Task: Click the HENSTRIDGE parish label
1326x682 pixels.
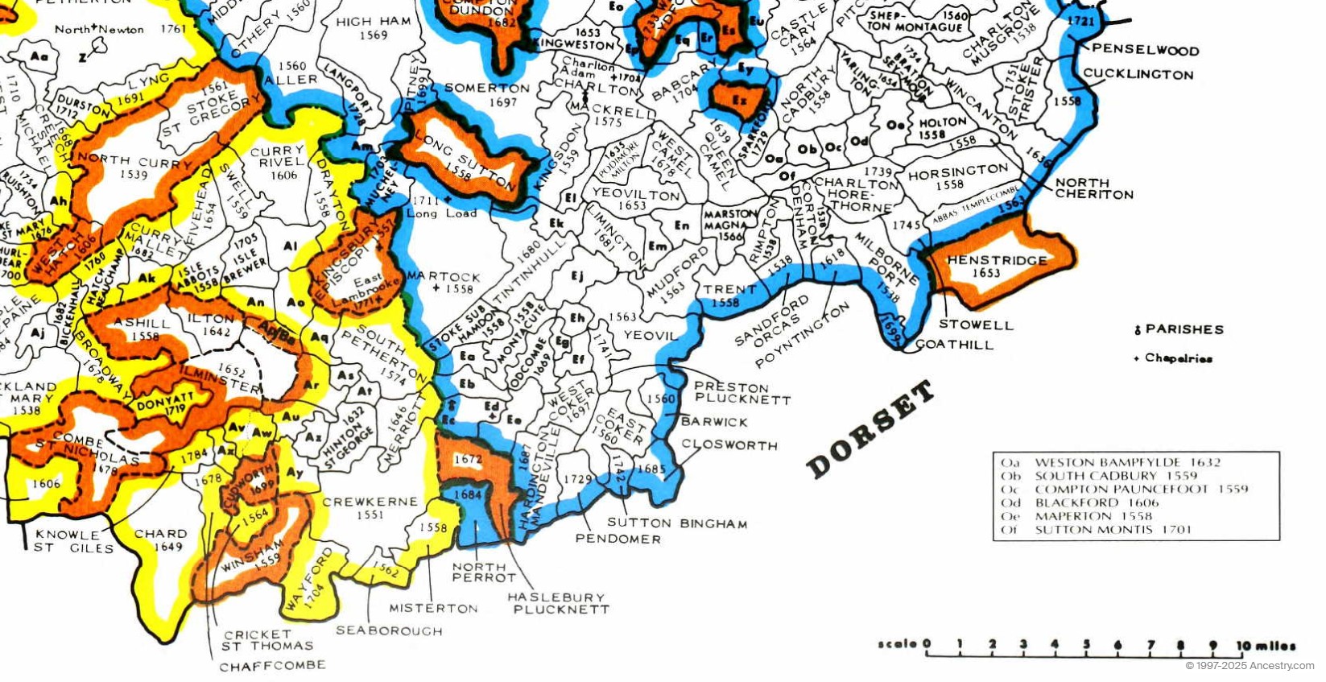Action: [997, 260]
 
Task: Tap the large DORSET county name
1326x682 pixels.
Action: [870, 430]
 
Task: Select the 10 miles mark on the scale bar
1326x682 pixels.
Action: [1266, 645]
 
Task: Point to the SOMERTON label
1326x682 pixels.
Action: [486, 88]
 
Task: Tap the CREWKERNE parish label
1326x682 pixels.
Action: [370, 502]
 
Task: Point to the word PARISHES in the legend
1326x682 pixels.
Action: [1183, 329]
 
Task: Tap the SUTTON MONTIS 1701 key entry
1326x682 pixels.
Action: [1111, 530]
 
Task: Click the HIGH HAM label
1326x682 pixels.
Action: [365, 22]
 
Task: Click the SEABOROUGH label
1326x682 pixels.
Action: [389, 630]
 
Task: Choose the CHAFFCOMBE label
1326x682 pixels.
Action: [272, 666]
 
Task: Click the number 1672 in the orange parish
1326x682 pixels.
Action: [468, 459]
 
